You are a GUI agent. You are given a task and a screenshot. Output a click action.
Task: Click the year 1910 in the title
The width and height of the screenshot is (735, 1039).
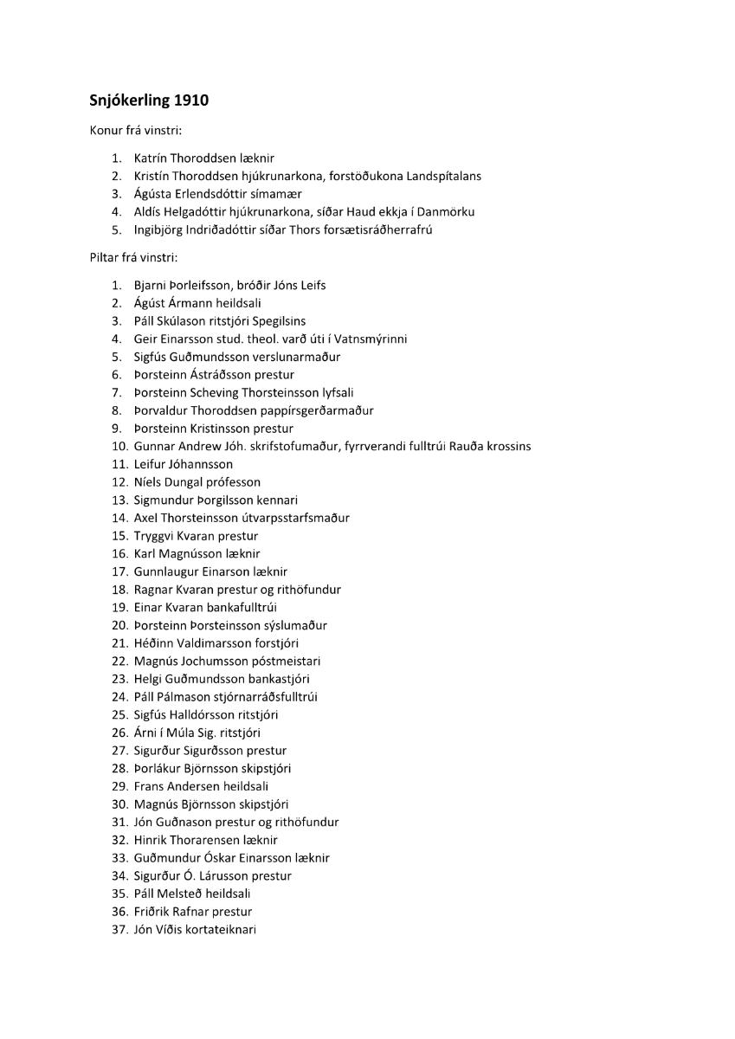pyautogui.click(x=191, y=100)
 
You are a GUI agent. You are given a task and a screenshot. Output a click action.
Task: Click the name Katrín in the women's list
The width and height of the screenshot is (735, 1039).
pyautogui.click(x=150, y=158)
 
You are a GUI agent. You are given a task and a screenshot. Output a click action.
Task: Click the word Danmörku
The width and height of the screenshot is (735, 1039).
pyautogui.click(x=443, y=211)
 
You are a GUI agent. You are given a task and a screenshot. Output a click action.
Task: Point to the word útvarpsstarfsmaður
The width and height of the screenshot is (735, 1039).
pyautogui.click(x=295, y=518)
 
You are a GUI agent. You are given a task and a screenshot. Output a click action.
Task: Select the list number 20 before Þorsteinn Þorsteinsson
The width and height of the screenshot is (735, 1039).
pyautogui.click(x=120, y=625)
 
